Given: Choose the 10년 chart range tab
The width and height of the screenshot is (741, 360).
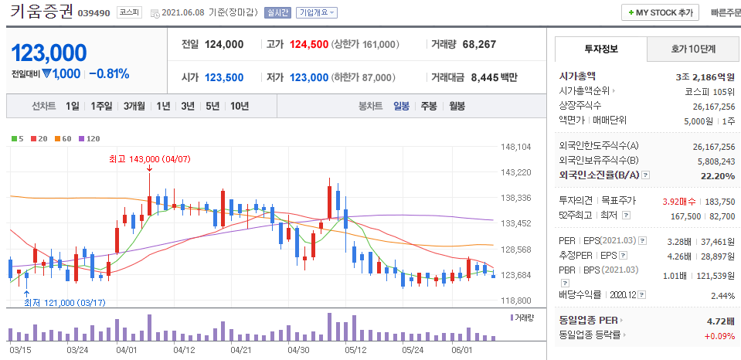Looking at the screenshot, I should [239, 106].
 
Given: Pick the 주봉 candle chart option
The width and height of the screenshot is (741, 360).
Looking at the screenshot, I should [429, 106].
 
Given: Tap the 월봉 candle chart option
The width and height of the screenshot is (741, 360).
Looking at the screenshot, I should [457, 106].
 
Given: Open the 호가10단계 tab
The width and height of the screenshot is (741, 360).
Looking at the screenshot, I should [693, 49].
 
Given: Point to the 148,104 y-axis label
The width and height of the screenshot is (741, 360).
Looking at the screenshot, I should [516, 147].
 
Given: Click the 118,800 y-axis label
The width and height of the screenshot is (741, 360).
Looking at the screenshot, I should [516, 301].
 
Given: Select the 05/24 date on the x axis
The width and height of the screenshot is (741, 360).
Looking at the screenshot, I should [413, 349].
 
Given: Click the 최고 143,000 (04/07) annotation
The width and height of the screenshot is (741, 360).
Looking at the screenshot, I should [149, 158].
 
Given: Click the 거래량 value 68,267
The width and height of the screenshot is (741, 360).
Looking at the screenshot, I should [478, 44].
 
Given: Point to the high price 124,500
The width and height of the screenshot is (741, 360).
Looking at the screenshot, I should [309, 44].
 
